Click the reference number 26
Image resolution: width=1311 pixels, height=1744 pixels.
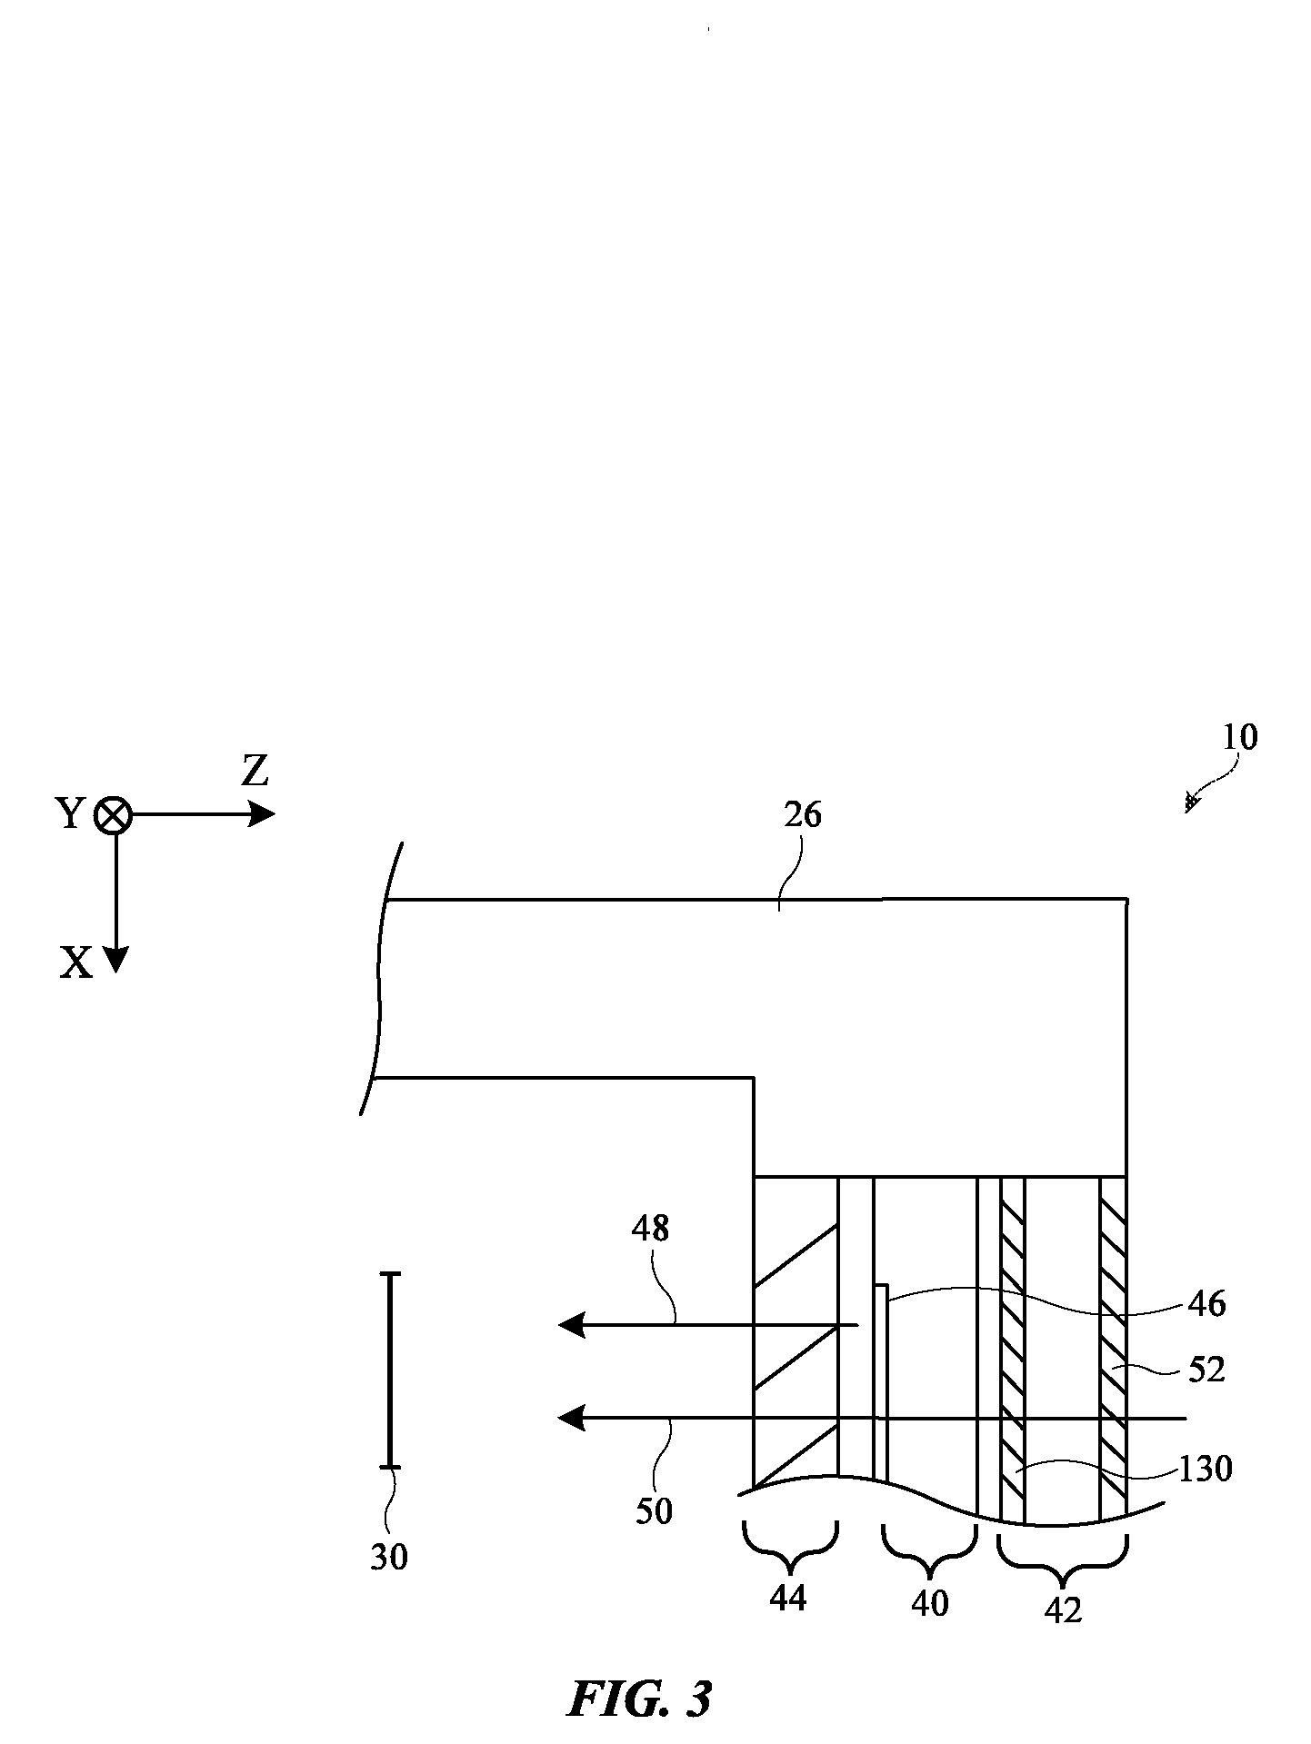802,815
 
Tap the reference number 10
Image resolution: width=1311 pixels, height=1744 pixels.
1240,737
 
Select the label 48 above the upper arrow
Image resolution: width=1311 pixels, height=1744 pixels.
650,1229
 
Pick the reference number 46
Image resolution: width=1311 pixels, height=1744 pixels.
1206,1304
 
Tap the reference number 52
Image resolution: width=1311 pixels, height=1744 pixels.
1206,1370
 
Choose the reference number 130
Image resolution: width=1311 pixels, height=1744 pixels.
1206,1470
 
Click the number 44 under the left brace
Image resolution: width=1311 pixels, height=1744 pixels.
787,1597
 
